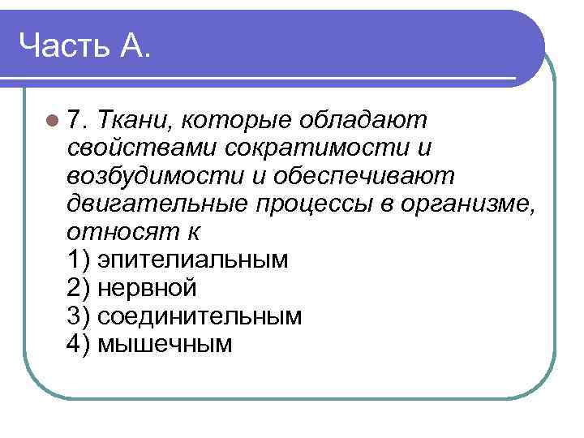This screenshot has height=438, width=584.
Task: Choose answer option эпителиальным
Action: pyautogui.click(x=191, y=260)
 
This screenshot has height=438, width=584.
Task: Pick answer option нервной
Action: pyautogui.click(x=146, y=287)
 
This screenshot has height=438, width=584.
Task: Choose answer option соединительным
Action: pyautogui.click(x=199, y=315)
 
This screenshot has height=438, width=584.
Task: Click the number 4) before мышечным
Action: pyautogui.click(x=79, y=343)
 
